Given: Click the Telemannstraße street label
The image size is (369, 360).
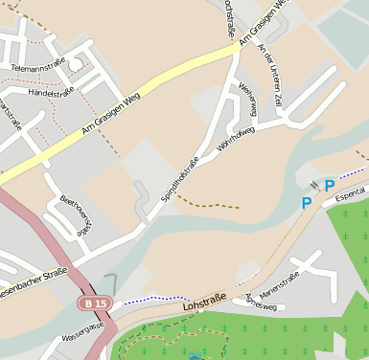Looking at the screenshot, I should (39, 66).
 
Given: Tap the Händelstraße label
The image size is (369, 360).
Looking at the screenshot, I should (52, 92).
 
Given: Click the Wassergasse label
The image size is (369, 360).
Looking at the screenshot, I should (81, 329).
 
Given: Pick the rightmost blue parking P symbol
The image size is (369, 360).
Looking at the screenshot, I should (330, 186).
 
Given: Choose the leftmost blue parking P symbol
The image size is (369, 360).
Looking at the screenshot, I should (307, 202).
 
